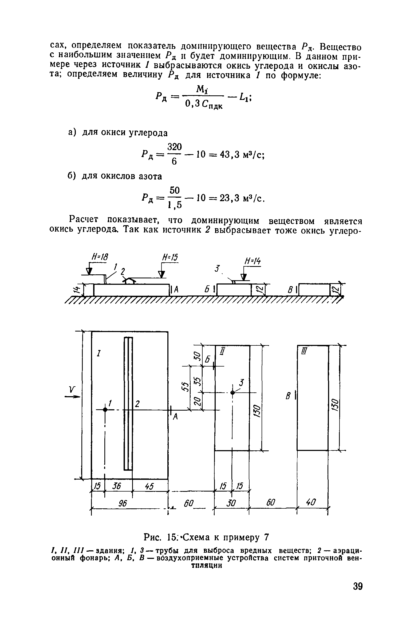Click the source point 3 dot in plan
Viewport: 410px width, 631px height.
(232, 392)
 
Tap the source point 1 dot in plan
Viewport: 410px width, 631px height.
(105, 410)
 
